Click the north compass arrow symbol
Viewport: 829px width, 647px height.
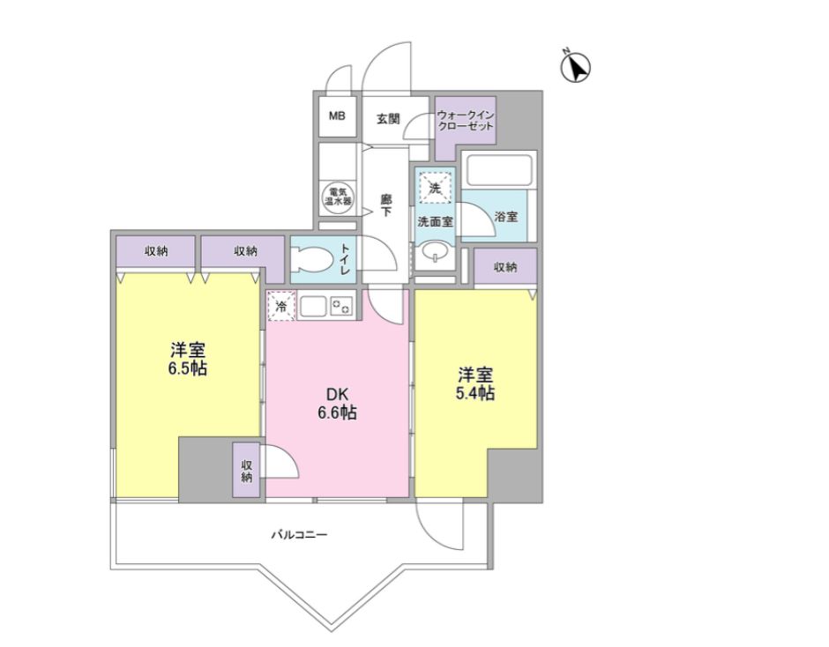pyautogui.click(x=575, y=67)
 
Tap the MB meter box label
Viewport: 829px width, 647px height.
pyautogui.click(x=337, y=115)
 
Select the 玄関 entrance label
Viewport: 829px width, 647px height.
pyautogui.click(x=388, y=119)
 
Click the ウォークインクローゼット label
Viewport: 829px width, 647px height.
pyautogui.click(x=466, y=121)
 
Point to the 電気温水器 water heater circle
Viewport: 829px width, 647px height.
pyautogui.click(x=337, y=197)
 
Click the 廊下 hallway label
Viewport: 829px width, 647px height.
pyautogui.click(x=386, y=206)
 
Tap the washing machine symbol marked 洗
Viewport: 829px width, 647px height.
pyautogui.click(x=435, y=187)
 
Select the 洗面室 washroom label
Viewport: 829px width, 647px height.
pyautogui.click(x=435, y=222)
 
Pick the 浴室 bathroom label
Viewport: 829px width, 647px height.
pyautogui.click(x=506, y=217)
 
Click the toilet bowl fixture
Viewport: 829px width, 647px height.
pyautogui.click(x=315, y=259)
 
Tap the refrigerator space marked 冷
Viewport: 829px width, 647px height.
pyautogui.click(x=282, y=306)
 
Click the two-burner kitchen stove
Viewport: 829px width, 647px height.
pyautogui.click(x=341, y=306)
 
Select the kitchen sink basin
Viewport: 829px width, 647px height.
pyautogui.click(x=313, y=306)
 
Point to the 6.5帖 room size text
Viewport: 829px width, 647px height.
pyautogui.click(x=187, y=368)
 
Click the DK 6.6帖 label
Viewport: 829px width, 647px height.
pyautogui.click(x=337, y=404)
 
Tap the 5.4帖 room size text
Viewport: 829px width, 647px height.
pyautogui.click(x=475, y=393)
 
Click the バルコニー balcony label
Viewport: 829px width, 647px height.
pyautogui.click(x=299, y=535)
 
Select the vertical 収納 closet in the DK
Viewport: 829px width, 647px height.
pyautogui.click(x=246, y=471)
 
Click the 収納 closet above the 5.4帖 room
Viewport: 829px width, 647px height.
pyautogui.click(x=505, y=267)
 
